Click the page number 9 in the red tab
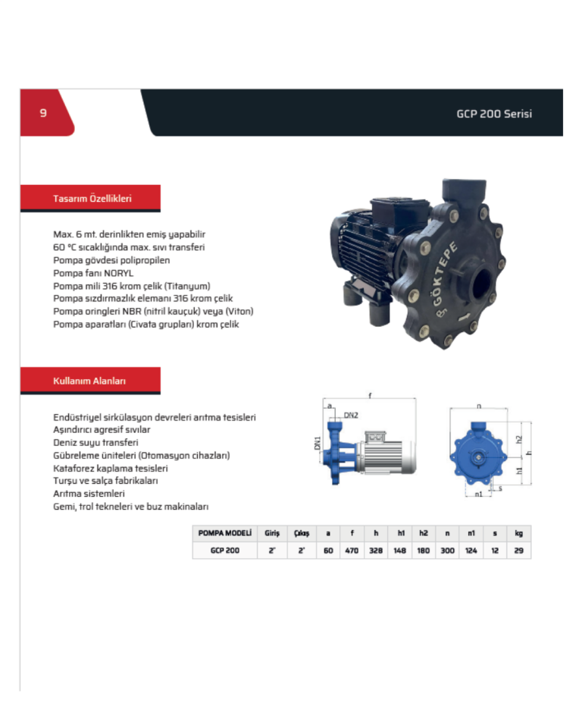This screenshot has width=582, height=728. pos(43,113)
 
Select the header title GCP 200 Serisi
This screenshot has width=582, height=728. pos(494,114)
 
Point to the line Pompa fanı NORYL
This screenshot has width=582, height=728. pos(93,273)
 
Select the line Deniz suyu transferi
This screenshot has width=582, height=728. pos(95,442)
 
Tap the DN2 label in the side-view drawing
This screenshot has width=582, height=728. pos(351,416)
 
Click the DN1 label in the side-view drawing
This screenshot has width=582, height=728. pos(318,444)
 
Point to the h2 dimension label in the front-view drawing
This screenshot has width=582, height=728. pos(518,439)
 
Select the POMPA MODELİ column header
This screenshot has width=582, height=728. pos(224,534)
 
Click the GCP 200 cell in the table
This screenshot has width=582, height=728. pos(225,551)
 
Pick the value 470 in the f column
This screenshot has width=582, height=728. pos(352,551)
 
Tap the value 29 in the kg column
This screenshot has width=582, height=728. pos(518,551)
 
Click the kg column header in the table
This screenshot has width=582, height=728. pos(518,534)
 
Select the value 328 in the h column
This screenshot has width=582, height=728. pos(376,551)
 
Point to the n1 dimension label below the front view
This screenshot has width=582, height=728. pos(478,494)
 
